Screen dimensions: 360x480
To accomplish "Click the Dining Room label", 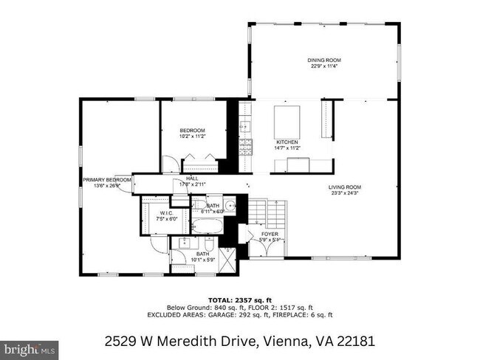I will [324, 60].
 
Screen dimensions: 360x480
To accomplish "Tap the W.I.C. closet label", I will [168, 213].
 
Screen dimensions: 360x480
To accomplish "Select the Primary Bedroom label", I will [107, 180].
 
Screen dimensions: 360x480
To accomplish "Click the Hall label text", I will [192, 178].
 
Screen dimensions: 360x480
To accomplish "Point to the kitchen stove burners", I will [250, 143].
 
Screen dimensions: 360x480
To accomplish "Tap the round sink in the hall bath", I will [229, 207].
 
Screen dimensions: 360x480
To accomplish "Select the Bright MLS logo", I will [30, 347].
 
